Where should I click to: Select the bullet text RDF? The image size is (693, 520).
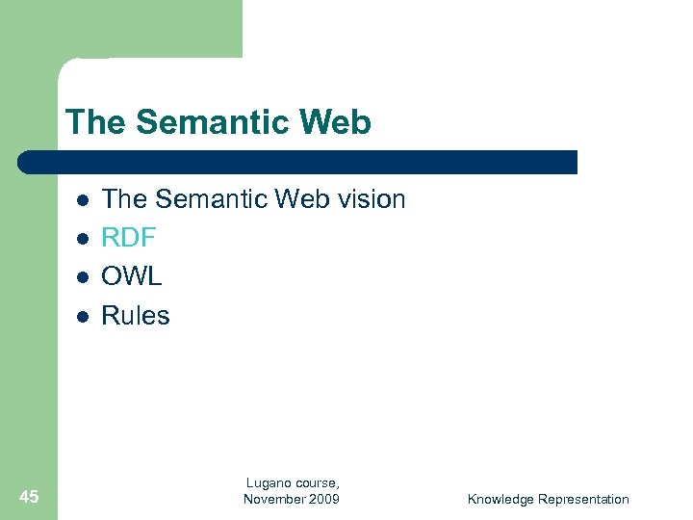coord(129,238)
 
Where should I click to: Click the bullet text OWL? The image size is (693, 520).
coord(132,276)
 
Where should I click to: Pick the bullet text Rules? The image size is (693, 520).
coord(136,316)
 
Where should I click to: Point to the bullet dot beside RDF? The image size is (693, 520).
coord(83,238)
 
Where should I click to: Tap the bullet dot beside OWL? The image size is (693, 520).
coord(83,276)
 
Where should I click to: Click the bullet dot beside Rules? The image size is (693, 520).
coord(83,316)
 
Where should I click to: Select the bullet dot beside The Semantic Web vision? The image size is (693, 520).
coord(83,200)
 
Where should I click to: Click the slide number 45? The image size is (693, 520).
coord(29,497)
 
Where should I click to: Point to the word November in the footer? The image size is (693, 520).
coord(274,499)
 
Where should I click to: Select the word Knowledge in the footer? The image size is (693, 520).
coord(500,499)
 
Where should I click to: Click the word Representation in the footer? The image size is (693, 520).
coord(583,499)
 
